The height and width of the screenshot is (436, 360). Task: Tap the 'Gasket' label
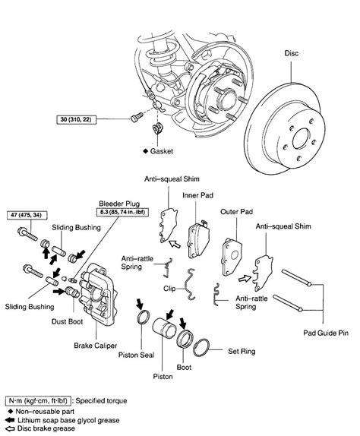(x=172, y=152)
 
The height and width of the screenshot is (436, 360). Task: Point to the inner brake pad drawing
(x=204, y=231)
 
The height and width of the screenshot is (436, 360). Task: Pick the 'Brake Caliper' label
(x=95, y=345)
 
